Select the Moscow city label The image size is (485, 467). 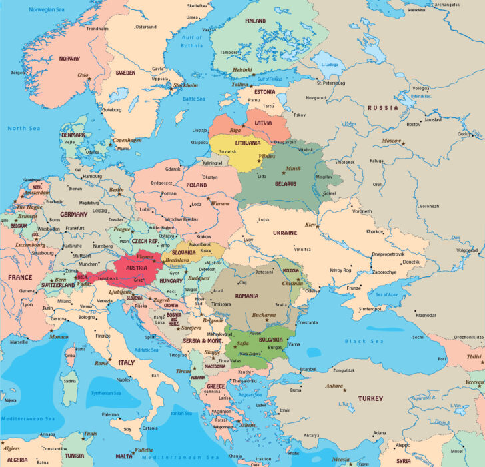[x=392, y=141]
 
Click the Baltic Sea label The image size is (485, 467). [x=194, y=98]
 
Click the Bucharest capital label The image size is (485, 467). [x=264, y=314]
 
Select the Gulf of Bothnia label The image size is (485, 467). [x=193, y=41]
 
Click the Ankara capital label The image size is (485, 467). [x=333, y=386]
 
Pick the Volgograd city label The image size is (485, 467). [x=467, y=250]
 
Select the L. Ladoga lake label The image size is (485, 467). [x=330, y=64]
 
